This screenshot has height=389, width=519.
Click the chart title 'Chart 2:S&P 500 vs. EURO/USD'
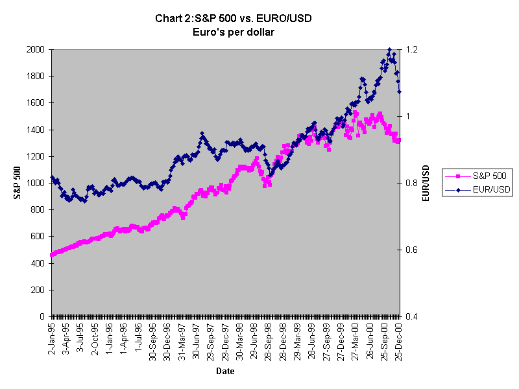[x=234, y=18]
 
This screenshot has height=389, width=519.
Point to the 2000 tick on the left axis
[x=36, y=49]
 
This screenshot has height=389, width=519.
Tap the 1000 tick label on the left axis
[x=36, y=183]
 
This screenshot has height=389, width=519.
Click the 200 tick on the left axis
[x=38, y=290]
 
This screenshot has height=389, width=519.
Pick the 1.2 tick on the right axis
[x=412, y=49]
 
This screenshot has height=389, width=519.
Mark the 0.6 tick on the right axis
[x=412, y=250]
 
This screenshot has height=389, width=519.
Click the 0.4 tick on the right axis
[x=412, y=316]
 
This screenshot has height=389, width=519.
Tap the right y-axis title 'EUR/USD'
[x=426, y=183]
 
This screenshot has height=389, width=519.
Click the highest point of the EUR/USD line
[x=389, y=49]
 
